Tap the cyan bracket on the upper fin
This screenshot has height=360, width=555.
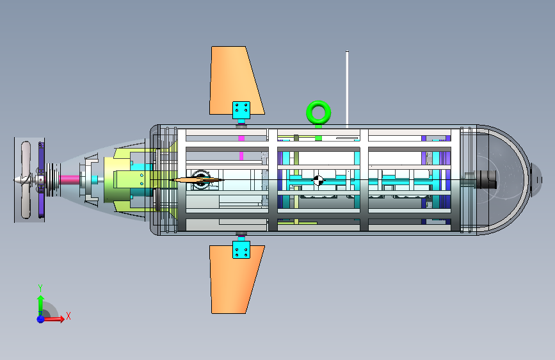pos(241,110)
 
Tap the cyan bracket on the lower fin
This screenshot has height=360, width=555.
pos(241,250)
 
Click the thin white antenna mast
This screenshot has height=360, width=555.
pos(347,89)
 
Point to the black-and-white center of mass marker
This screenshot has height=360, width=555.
pos(318,181)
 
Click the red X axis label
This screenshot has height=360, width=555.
pos(68,316)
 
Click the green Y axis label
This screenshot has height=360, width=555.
pos(40,288)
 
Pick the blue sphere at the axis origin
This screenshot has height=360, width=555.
pos(41,319)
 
